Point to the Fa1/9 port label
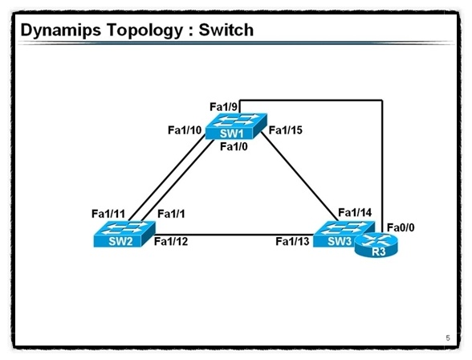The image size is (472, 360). tap(224, 106)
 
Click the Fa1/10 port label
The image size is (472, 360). tap(185, 130)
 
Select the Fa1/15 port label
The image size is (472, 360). tap(286, 130)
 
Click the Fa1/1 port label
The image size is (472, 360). tap(172, 214)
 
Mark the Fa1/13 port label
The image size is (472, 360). tap(292, 242)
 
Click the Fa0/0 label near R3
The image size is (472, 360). tap(401, 227)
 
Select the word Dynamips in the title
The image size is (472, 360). tap(63, 31)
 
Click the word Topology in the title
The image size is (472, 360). tap(152, 31)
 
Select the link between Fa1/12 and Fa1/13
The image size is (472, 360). tap(233, 235)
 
